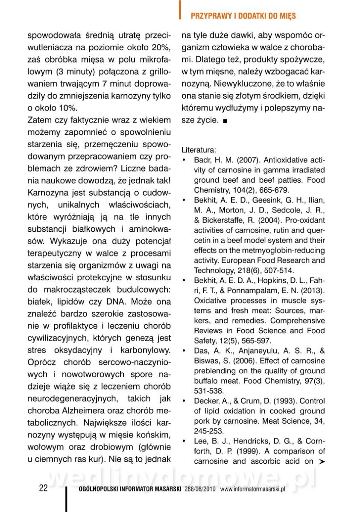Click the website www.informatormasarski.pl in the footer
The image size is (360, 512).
coord(252,489)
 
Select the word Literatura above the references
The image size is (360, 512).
coord(198,150)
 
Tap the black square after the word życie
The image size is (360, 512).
coord(225,121)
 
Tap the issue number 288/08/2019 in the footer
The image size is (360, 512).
coord(200,489)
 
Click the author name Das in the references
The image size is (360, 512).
coord(201,351)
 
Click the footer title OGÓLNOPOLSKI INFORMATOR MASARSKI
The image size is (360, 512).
coord(131,489)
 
